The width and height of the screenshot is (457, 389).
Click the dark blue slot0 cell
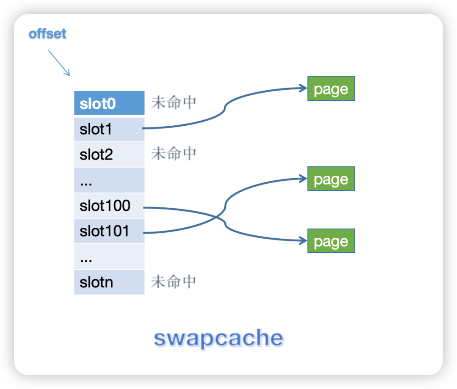point(109,103)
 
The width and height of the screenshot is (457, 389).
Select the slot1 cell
point(109,129)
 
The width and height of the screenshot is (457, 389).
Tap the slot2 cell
point(109,154)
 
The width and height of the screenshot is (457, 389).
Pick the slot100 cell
point(109,206)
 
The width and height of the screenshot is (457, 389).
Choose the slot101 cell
point(109,231)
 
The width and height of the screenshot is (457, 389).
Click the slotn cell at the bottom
point(109,282)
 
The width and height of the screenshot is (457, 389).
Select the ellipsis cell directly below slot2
point(109,180)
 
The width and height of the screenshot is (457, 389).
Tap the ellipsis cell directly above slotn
point(109,257)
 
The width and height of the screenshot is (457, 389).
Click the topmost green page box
point(331,88)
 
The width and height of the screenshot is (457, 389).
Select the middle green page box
point(331,179)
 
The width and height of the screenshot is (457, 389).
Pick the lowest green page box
point(331,241)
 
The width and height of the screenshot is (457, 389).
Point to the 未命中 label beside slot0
point(174,103)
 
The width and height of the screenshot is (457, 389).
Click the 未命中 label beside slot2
point(174,154)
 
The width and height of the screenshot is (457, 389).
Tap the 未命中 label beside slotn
point(174,281)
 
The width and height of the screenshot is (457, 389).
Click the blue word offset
point(47,34)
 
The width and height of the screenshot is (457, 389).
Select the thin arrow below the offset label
point(59,63)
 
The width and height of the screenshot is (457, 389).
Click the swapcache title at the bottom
point(218,338)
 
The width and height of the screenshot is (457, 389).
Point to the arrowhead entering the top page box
point(303,88)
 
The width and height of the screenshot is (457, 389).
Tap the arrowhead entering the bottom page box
point(303,240)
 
